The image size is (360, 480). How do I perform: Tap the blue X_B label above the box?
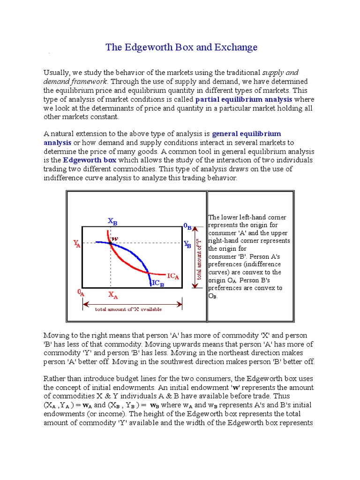(x=112, y=221)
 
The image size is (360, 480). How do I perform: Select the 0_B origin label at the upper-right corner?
(x=187, y=227)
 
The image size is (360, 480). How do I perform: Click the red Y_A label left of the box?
(x=76, y=243)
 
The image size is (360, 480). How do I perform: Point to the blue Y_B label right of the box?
(x=187, y=244)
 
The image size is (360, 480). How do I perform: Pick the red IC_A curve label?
(x=173, y=277)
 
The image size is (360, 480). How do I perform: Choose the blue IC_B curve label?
(x=158, y=284)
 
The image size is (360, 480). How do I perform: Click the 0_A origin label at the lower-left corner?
(x=81, y=292)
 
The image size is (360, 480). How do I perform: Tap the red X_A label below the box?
(x=113, y=295)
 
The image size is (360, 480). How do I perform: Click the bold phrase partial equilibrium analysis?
(x=244, y=99)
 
